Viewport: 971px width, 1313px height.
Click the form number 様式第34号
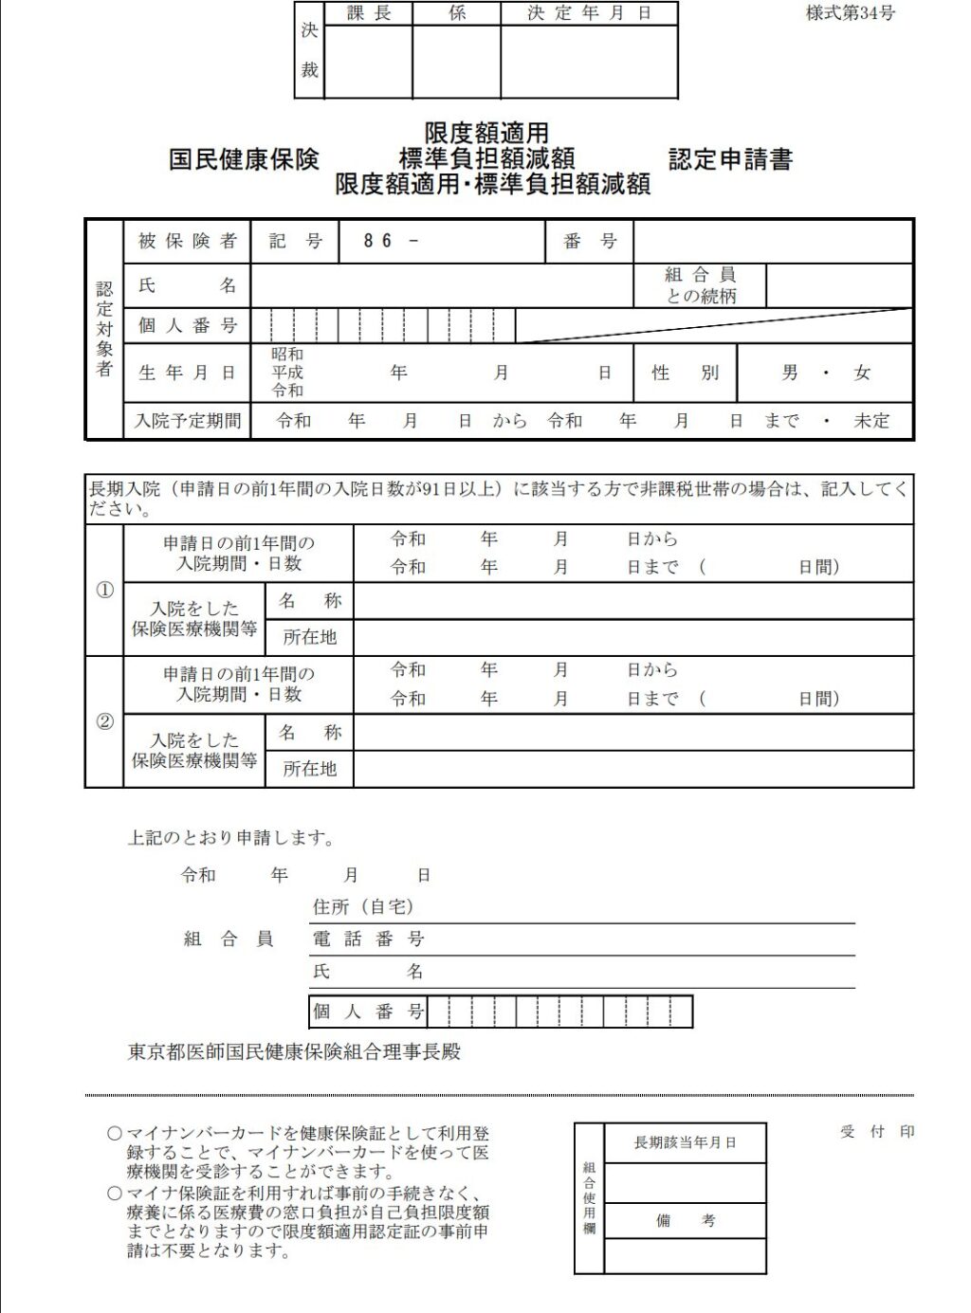[x=850, y=13]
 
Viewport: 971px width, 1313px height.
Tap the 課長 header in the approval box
[x=368, y=13]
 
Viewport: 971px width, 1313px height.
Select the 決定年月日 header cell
[x=589, y=13]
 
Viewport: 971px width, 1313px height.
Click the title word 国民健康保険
[x=244, y=159]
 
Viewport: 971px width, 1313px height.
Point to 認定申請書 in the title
[x=730, y=159]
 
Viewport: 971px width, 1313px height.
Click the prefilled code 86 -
[x=390, y=241]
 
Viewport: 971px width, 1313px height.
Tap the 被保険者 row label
[x=187, y=241]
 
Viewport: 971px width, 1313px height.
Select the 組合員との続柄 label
[x=700, y=285]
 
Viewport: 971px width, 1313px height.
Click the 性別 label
[x=685, y=373]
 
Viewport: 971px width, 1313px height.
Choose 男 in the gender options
[x=790, y=373]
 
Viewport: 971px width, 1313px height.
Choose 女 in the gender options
[x=861, y=373]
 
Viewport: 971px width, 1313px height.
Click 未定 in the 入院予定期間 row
[x=871, y=420]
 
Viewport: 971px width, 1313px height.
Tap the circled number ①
[x=104, y=590]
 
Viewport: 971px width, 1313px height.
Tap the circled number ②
[x=104, y=721]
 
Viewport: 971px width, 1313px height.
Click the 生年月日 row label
[x=187, y=373]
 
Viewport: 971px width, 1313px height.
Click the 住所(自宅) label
[x=363, y=907]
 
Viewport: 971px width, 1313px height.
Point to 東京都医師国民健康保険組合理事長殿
[x=294, y=1051]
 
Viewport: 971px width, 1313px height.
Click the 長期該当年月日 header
[x=685, y=1142]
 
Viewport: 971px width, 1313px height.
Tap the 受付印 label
[x=877, y=1131]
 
